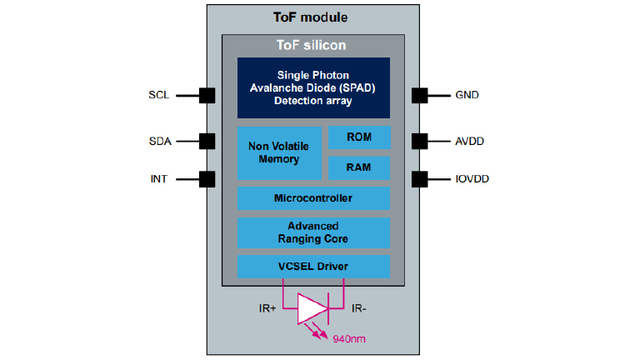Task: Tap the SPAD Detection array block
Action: [x=312, y=87]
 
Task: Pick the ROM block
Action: [x=358, y=137]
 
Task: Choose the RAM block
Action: [x=358, y=167]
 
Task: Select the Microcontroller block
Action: [x=312, y=198]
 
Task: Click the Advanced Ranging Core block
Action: [x=312, y=232]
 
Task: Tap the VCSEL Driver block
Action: [x=312, y=267]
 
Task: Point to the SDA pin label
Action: [x=159, y=141]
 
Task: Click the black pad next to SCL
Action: [x=207, y=96]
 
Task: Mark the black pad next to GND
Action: [x=420, y=96]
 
